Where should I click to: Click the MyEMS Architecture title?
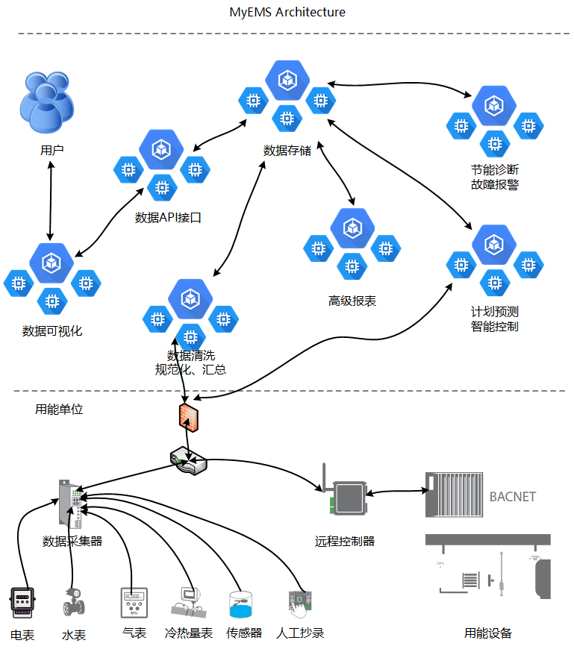(287, 12)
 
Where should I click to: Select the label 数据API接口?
(169, 218)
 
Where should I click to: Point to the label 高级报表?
(352, 301)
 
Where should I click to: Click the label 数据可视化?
(52, 330)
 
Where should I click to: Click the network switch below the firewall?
(187, 461)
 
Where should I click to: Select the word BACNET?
(513, 496)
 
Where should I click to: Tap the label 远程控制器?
(345, 541)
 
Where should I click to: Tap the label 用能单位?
(59, 409)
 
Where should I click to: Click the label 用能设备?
(488, 633)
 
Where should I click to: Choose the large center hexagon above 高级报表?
(352, 229)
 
